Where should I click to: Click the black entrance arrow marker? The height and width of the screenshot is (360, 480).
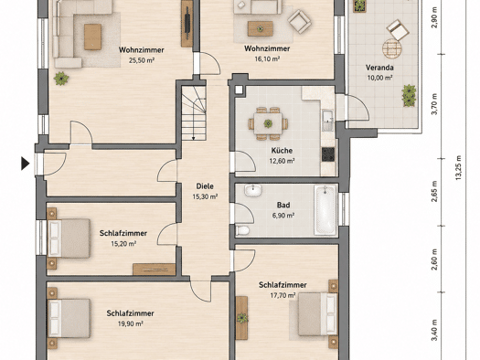pyautogui.click(x=25, y=164)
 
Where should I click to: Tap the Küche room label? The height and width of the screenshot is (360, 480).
pyautogui.click(x=282, y=151)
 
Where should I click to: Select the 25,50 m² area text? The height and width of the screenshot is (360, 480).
pyautogui.click(x=142, y=60)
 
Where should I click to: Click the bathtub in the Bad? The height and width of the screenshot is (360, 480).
pyautogui.click(x=325, y=210)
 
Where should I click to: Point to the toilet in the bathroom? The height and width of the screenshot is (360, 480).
pyautogui.click(x=242, y=230)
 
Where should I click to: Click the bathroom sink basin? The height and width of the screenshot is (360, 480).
pyautogui.click(x=253, y=190)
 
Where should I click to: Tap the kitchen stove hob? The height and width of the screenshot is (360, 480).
pyautogui.click(x=328, y=154)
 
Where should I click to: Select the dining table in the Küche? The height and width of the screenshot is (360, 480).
pyautogui.click(x=268, y=123)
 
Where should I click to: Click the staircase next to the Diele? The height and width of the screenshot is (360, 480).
pyautogui.click(x=194, y=113)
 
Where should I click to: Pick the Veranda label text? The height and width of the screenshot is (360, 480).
pyautogui.click(x=379, y=68)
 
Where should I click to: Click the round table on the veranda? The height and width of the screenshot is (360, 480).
pyautogui.click(x=392, y=48)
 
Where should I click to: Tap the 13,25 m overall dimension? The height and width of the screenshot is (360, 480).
pyautogui.click(x=458, y=167)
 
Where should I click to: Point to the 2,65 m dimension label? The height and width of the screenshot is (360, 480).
pyautogui.click(x=434, y=192)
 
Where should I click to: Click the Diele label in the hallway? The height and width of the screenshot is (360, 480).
pyautogui.click(x=205, y=186)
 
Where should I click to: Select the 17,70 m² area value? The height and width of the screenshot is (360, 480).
pyautogui.click(x=283, y=295)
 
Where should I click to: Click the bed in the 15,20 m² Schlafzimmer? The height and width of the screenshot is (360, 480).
pyautogui.click(x=69, y=238)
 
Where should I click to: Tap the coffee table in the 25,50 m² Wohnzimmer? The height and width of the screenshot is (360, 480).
pyautogui.click(x=92, y=37)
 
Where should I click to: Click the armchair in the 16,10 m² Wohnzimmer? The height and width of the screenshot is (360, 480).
pyautogui.click(x=299, y=22)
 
